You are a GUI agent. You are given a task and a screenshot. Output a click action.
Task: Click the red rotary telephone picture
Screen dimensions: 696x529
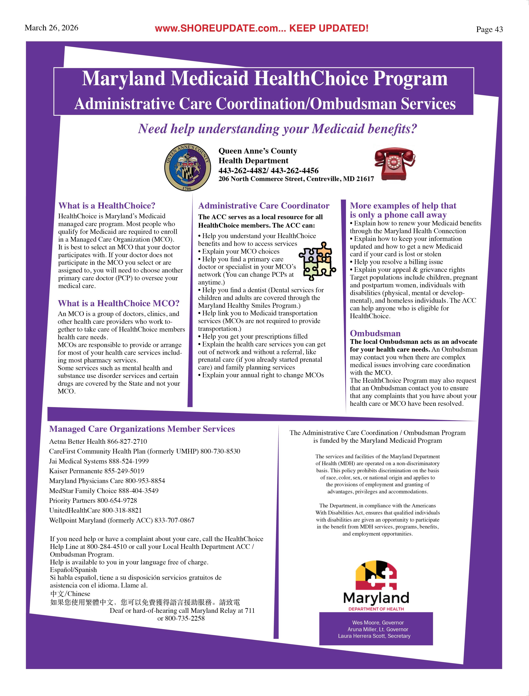pos(394,164)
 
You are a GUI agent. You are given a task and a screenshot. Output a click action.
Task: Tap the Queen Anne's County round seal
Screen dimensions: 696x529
pos(188,167)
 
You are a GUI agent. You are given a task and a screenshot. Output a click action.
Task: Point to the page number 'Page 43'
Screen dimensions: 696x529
pos(489,29)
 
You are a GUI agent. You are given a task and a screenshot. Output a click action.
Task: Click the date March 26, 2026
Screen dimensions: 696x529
pos(51,28)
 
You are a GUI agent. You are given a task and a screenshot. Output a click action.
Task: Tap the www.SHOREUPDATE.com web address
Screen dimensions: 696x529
pos(220,28)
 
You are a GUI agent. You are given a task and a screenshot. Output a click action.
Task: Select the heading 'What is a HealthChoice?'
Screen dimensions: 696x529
pos(107,206)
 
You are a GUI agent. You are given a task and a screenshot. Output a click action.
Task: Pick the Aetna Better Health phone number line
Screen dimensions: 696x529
pos(98,441)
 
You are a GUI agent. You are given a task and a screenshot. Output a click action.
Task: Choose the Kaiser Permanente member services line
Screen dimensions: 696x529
pos(96,471)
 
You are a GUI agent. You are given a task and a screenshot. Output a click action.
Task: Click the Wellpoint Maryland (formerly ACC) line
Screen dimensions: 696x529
pos(122,520)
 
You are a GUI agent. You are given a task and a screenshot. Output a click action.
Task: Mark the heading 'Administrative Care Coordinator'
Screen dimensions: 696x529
pos(263,206)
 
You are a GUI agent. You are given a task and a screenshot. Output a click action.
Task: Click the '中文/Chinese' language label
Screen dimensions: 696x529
pos(70,594)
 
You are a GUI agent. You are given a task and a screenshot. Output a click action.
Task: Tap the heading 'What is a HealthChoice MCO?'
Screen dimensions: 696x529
pos(118,303)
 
